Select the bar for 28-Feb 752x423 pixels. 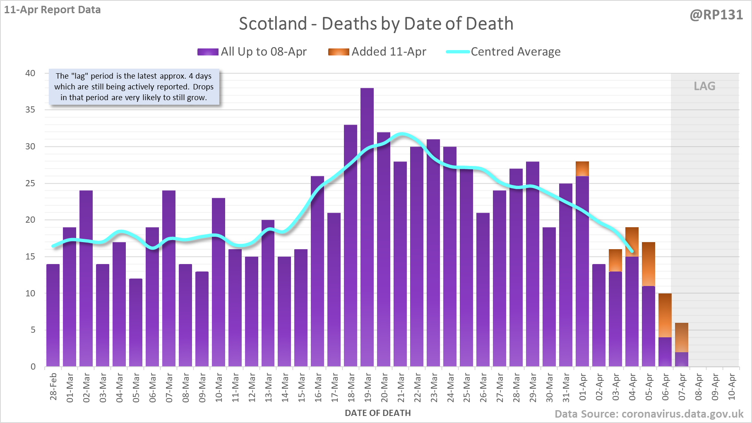[x=53, y=315]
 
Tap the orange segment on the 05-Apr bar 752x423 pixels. [x=649, y=264]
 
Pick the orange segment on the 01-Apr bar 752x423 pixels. [x=582, y=169]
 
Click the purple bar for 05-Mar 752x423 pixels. [x=136, y=322]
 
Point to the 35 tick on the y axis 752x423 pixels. [x=30, y=110]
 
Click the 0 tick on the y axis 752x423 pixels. [x=33, y=367]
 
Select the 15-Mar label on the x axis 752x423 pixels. [x=302, y=387]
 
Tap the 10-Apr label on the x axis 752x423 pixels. [x=732, y=387]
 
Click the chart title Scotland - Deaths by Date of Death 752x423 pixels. [x=376, y=24]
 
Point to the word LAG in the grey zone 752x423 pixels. [x=704, y=86]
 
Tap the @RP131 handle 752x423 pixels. [x=716, y=15]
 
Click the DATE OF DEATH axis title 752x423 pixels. [x=377, y=413]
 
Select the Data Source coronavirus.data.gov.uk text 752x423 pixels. [x=649, y=414]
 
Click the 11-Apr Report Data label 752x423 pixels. [x=53, y=10]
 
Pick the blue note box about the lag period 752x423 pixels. [x=134, y=87]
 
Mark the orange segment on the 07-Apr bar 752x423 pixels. [x=682, y=338]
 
